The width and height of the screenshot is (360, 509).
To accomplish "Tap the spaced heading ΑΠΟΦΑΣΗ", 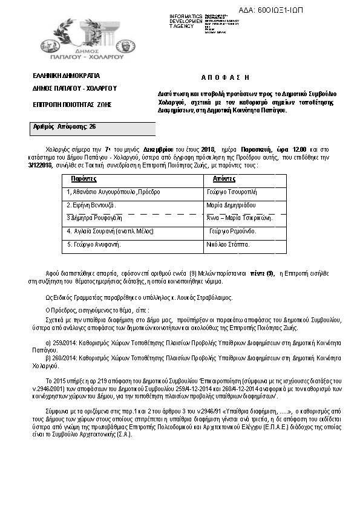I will pos(224,79).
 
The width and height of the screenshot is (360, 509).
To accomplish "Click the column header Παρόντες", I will pos(84,180).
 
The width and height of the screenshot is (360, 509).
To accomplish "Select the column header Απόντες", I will pos(224,180).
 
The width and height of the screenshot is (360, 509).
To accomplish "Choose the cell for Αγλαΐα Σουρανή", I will pos(110,231).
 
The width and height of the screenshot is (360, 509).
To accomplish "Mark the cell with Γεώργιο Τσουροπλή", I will pos(232,192).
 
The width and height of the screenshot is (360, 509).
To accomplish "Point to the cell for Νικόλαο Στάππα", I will pos(228,245).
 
